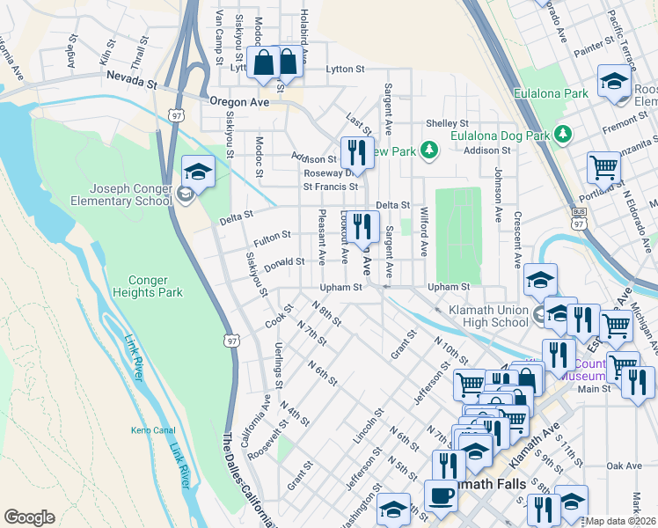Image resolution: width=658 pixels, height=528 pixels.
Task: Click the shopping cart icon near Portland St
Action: pos(604,166)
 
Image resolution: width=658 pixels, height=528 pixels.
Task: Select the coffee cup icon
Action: pos(441,495)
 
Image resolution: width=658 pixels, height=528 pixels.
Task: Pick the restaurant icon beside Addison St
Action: pos(356,152)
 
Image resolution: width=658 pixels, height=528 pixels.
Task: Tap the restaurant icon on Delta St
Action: pos(361,226)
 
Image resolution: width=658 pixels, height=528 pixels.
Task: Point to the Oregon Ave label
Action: pos(238,101)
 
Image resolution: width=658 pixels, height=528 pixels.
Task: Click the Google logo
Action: pos(29,517)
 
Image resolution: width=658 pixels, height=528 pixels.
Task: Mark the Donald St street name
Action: pos(284,261)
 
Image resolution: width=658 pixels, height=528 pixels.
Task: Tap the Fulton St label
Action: pos(273,237)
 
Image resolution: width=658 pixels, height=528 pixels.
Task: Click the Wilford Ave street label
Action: pos(423,237)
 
